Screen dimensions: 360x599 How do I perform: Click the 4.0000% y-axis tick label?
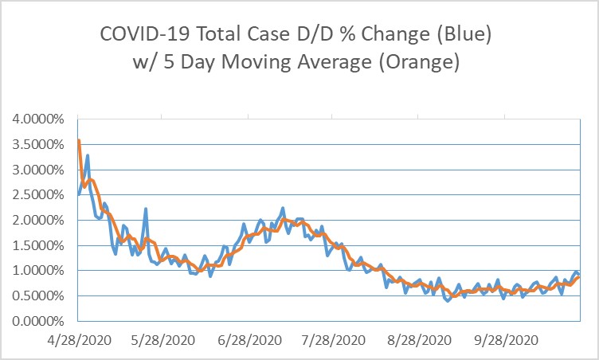click(x=40, y=119)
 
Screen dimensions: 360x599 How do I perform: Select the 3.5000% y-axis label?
click(x=40, y=145)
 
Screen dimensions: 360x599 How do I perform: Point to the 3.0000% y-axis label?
click(x=40, y=170)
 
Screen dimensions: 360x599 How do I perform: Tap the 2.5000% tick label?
click(x=40, y=195)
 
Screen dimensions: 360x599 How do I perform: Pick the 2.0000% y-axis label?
click(x=40, y=221)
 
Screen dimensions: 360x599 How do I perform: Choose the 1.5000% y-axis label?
click(x=40, y=245)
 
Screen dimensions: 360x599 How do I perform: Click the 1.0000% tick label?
click(x=40, y=271)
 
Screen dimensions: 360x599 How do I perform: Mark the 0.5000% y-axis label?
click(x=40, y=296)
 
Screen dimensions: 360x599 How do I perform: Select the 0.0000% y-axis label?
click(x=40, y=321)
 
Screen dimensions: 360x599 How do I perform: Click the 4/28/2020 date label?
click(x=77, y=338)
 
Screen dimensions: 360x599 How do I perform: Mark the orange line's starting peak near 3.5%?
click(x=78, y=141)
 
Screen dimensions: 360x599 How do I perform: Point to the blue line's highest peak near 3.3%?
click(x=87, y=156)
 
